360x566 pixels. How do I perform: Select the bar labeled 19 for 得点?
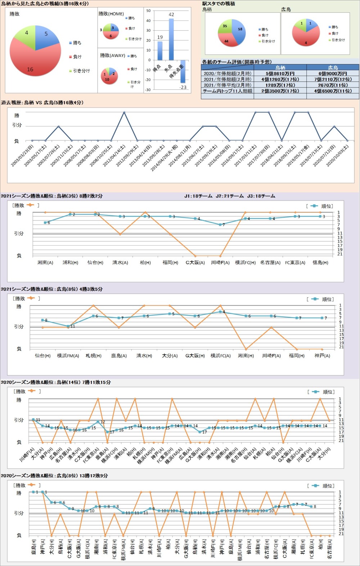160,51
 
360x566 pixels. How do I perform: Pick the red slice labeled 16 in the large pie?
32,61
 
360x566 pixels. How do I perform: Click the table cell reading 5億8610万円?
280,73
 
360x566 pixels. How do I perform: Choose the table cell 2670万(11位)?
333,85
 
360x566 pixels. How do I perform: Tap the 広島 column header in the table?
333,67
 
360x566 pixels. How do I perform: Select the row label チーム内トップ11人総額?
227,91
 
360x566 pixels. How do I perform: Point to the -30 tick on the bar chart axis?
148,90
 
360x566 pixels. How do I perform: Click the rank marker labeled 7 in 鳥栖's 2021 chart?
220,224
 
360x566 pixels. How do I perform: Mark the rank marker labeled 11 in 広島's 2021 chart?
68,326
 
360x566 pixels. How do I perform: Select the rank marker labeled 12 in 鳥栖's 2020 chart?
98,422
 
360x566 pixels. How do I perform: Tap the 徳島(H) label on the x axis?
320,263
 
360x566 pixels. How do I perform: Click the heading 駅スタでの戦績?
219,4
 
